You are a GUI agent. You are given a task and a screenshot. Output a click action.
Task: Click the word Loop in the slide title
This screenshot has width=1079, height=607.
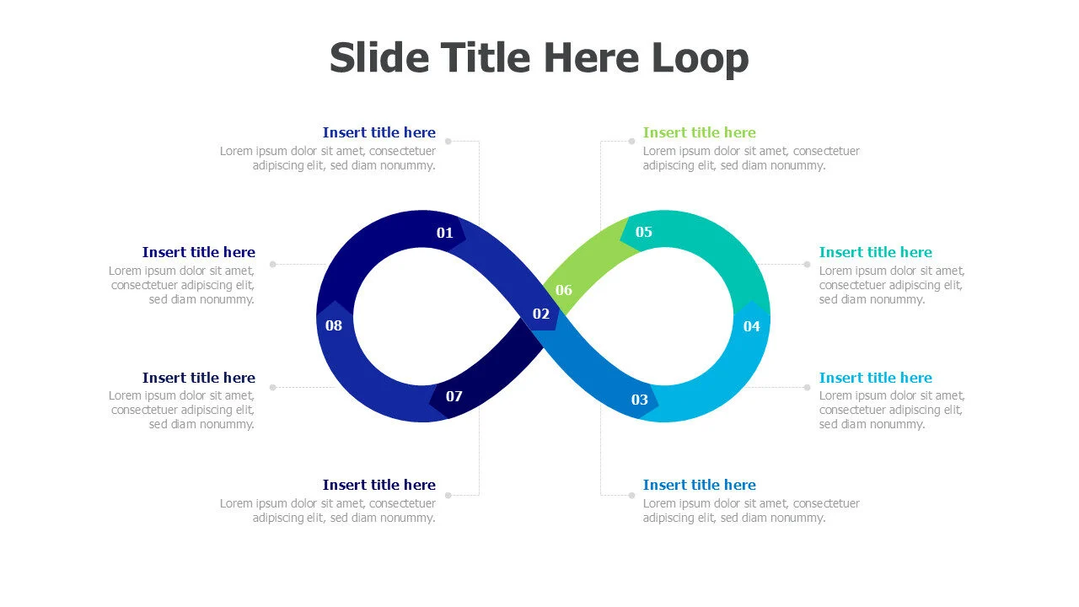click(x=700, y=58)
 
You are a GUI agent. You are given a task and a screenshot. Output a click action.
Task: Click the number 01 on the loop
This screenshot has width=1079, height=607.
click(x=444, y=234)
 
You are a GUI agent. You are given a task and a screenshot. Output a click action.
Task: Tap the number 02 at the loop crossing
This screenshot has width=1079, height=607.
click(x=541, y=314)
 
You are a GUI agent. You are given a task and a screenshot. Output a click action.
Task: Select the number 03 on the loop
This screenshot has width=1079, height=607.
click(x=640, y=400)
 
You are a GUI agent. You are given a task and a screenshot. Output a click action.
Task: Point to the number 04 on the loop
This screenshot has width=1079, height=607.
click(x=751, y=326)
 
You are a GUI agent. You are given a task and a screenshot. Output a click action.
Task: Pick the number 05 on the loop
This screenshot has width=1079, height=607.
click(x=643, y=232)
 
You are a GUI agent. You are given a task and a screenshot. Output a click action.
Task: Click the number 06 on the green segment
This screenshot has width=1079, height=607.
click(x=564, y=291)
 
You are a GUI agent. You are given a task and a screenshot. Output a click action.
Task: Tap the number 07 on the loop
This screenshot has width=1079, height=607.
click(x=454, y=396)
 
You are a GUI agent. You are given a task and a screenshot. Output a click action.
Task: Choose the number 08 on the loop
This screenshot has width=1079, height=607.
click(x=333, y=325)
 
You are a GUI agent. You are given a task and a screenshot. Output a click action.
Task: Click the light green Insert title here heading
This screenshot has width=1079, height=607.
click(x=699, y=132)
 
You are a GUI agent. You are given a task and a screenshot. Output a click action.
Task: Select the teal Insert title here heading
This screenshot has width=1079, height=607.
click(x=875, y=252)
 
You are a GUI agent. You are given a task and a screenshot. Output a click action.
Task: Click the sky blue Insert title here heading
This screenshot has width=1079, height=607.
click(x=875, y=378)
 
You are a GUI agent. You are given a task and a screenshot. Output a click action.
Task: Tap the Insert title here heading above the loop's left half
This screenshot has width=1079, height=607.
click(x=379, y=132)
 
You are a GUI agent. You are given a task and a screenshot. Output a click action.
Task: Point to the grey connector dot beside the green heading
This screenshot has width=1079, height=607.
click(x=631, y=141)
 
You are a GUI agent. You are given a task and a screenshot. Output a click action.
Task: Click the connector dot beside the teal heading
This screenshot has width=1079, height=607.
click(x=807, y=264)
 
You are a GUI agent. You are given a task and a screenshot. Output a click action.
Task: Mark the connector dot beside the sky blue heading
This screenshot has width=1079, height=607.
click(x=807, y=387)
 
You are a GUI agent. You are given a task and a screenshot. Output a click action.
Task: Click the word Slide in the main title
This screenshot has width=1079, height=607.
click(x=379, y=58)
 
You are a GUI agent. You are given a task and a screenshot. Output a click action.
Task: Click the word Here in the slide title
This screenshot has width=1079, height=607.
click(x=592, y=58)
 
